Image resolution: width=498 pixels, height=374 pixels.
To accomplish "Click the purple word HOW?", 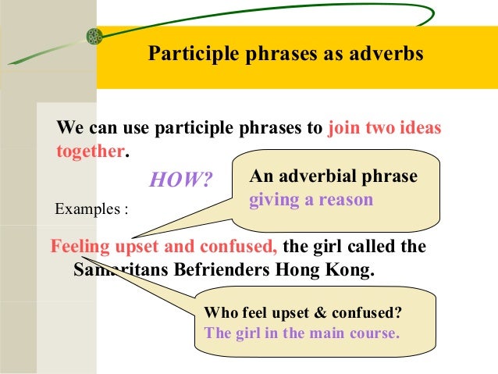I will click(180, 180).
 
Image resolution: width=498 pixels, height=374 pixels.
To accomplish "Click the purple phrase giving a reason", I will click(311, 200).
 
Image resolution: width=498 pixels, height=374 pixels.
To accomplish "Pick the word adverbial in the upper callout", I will click(311, 178).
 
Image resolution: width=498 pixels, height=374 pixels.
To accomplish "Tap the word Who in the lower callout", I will click(219, 314).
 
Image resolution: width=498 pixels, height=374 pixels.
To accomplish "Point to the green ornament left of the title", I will click(94, 36).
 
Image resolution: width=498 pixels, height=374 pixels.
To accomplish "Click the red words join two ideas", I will click(385, 128).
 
